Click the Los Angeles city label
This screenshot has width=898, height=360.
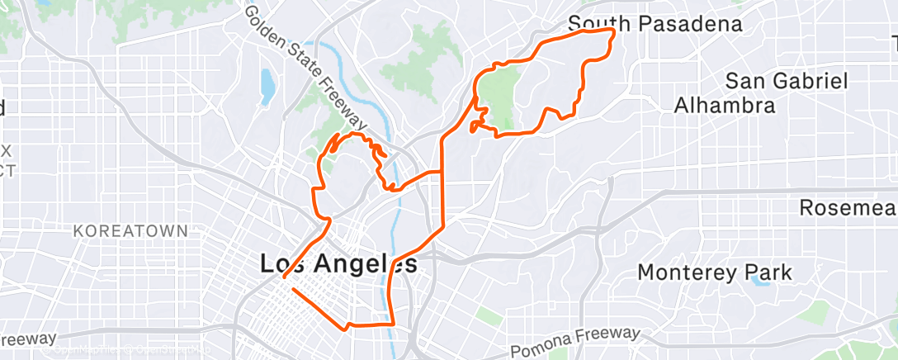[338, 264]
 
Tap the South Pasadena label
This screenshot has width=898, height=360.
[655, 24]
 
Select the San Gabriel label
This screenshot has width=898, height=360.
[787, 81]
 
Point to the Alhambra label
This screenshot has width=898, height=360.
[725, 105]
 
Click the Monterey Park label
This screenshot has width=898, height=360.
[715, 272]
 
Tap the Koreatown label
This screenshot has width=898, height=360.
[131, 231]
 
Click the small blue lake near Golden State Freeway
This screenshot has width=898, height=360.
[267, 86]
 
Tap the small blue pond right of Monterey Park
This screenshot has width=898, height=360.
[756, 281]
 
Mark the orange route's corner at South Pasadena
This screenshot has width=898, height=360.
[613, 30]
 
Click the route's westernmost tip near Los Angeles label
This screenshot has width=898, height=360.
[284, 278]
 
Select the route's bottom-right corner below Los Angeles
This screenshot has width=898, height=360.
[391, 324]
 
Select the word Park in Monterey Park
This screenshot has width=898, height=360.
[768, 272]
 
